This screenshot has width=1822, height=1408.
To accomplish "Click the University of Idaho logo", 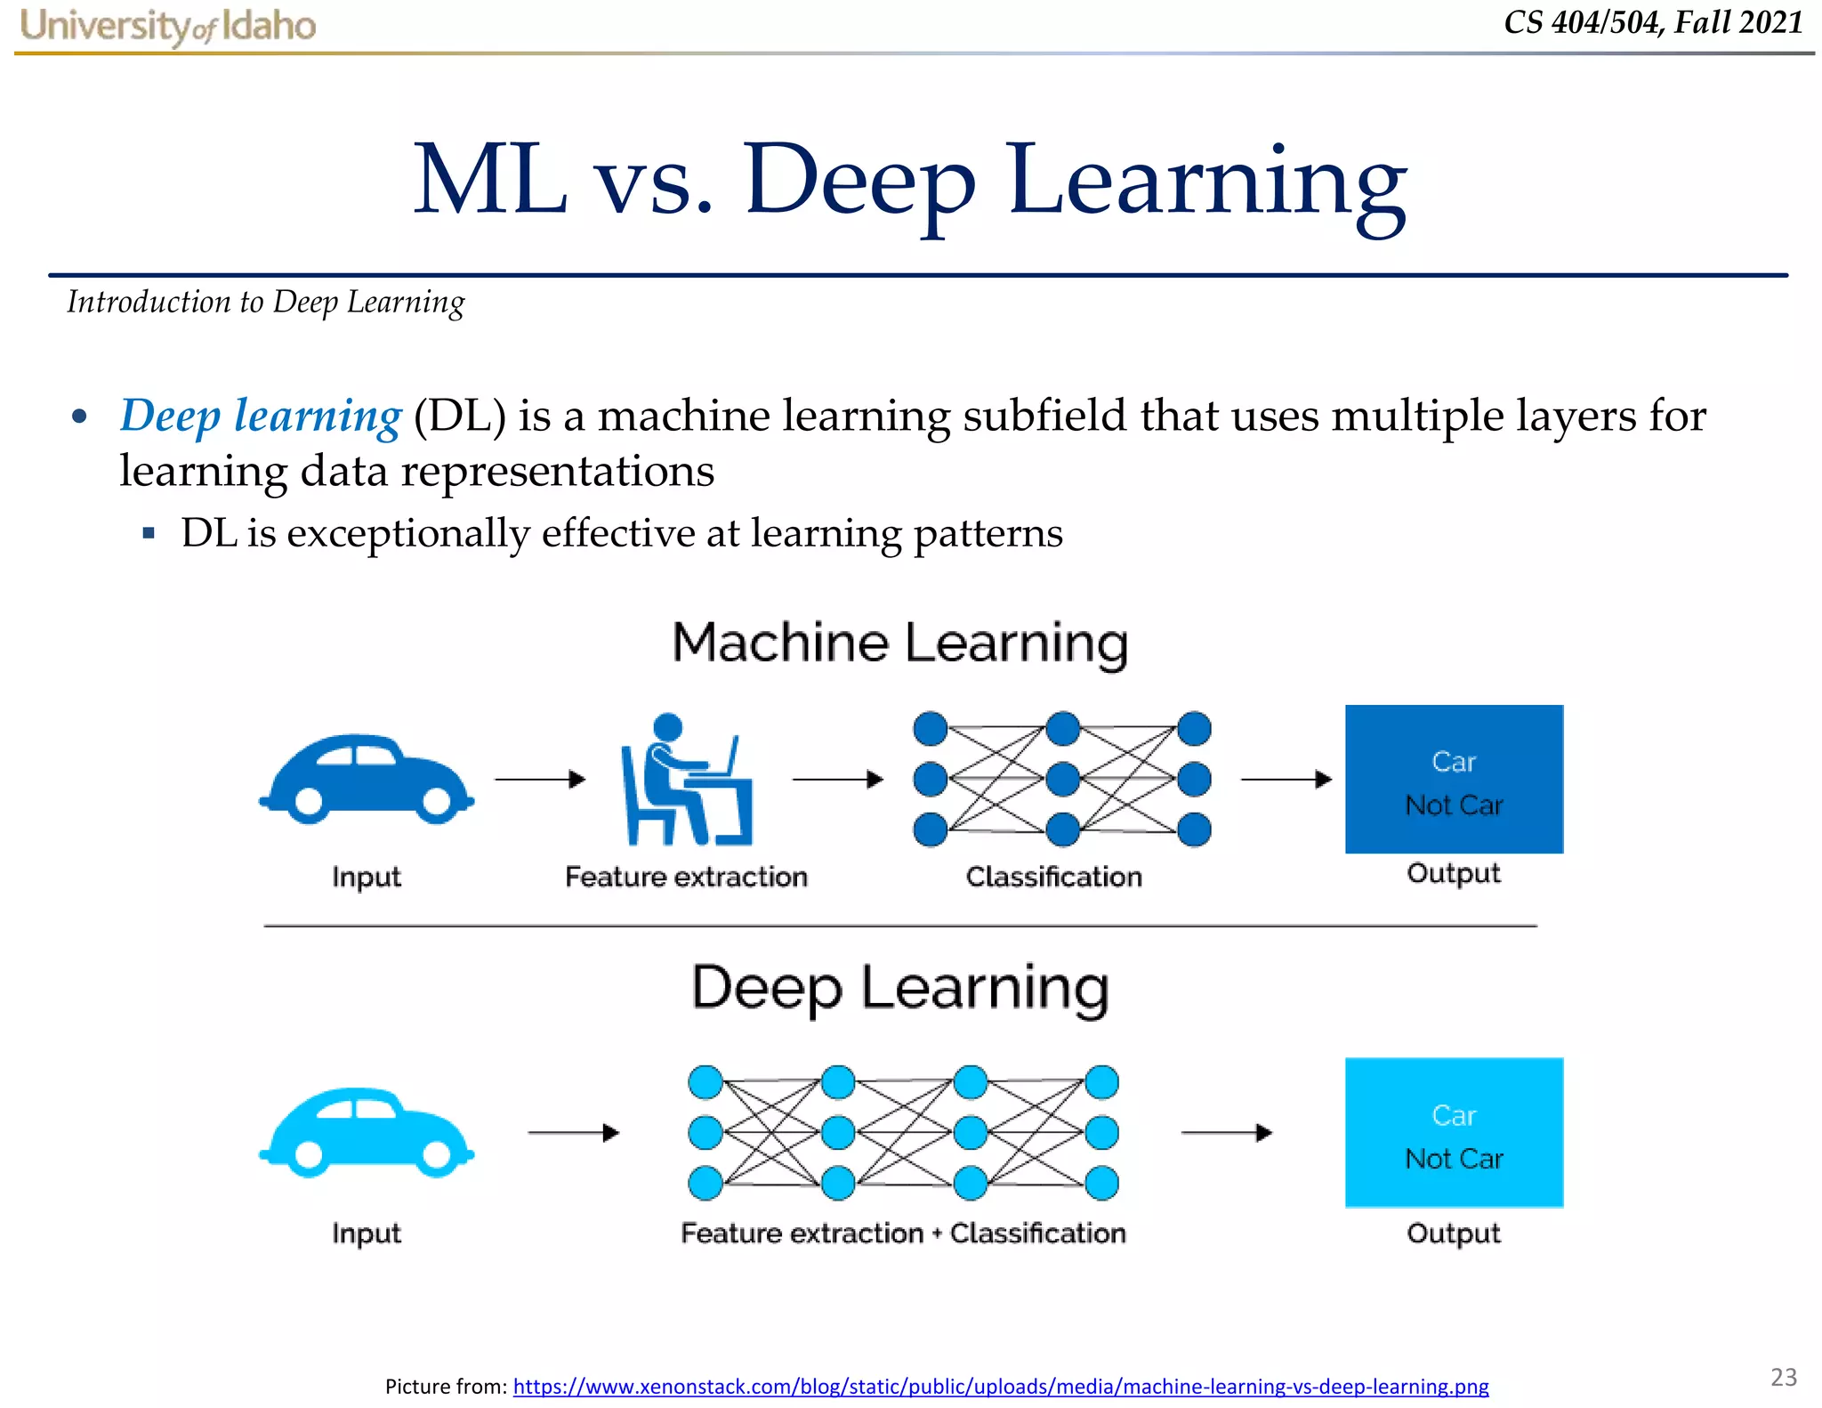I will click(x=167, y=26).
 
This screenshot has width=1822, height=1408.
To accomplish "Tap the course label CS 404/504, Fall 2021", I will click(x=1653, y=22).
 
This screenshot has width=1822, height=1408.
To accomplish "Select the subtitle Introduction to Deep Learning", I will click(x=266, y=303).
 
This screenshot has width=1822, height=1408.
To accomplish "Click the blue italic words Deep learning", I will click(x=261, y=416).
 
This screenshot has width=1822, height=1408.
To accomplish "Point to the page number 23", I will click(x=1783, y=1377).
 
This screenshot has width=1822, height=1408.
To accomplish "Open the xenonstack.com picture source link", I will click(x=1000, y=1386).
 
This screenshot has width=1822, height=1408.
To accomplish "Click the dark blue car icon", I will click(x=367, y=778).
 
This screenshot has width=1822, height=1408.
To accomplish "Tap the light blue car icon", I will click(x=367, y=1132).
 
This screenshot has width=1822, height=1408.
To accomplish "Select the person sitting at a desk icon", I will click(x=686, y=780).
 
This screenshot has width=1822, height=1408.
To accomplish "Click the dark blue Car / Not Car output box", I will click(x=1454, y=780).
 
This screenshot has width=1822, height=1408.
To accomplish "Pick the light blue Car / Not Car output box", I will click(x=1454, y=1132).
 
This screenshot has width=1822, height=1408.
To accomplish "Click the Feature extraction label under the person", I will click(x=686, y=877).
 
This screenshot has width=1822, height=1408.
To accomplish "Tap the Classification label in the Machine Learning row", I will click(x=1053, y=877).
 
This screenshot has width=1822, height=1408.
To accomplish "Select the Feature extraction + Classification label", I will click(x=903, y=1233).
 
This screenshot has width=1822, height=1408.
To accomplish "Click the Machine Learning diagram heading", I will click(x=899, y=643).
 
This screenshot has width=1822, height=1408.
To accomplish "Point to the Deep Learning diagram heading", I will click(x=899, y=987).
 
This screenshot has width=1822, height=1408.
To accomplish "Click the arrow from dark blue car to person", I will click(x=540, y=780).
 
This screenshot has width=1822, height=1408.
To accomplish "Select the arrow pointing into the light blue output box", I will click(x=1226, y=1133).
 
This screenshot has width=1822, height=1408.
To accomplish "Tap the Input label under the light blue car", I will click(x=367, y=1234).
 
